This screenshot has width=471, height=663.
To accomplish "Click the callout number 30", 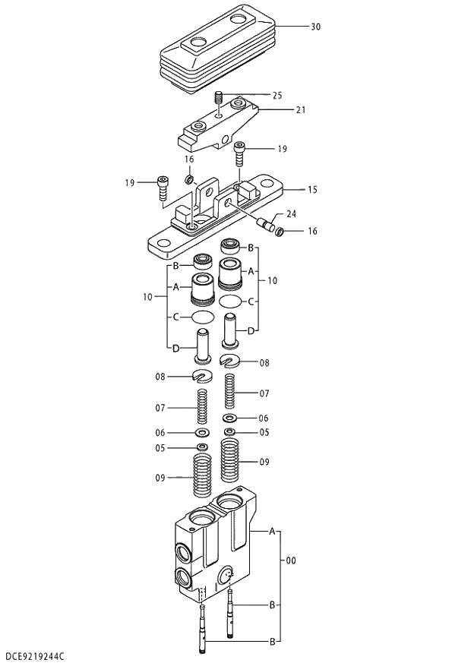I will [x=315, y=27].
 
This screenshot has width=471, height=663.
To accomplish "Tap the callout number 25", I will [x=277, y=96].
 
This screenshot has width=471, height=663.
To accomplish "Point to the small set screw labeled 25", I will [x=220, y=98].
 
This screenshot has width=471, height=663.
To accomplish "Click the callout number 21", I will [x=300, y=110].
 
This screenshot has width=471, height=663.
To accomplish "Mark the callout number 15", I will [x=311, y=188].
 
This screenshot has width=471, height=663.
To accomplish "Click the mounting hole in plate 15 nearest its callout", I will [x=270, y=184].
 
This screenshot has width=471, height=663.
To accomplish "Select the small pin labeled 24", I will [x=267, y=223].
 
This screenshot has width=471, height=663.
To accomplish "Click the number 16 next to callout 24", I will [x=312, y=231].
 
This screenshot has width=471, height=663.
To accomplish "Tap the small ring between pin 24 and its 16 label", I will [x=280, y=230].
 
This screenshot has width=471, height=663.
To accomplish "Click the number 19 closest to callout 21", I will [x=282, y=150].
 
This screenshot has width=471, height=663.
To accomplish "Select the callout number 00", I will [x=290, y=560].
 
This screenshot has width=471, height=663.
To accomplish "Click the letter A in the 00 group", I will [x=271, y=532].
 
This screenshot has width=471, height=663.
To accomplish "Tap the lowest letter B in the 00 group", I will [x=271, y=642].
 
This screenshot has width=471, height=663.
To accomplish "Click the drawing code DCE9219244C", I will [x=34, y=655].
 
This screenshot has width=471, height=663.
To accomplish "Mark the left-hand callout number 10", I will [x=147, y=297].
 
